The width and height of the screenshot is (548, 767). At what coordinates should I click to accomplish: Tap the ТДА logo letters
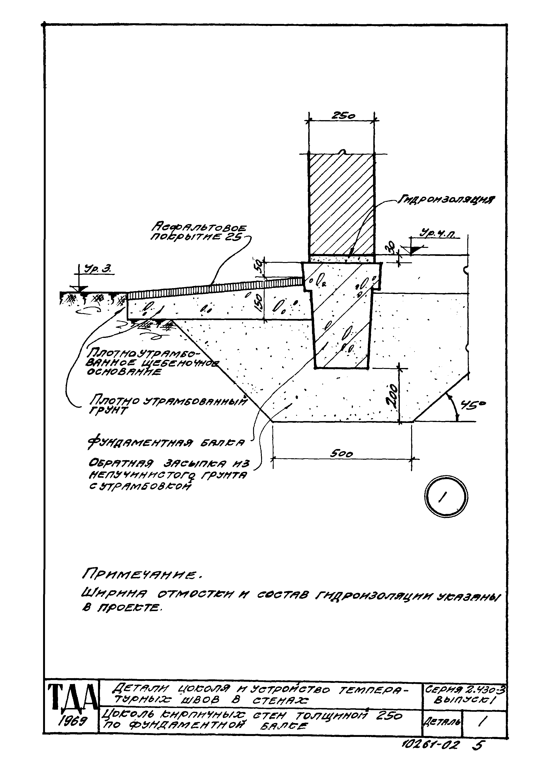point(71,697)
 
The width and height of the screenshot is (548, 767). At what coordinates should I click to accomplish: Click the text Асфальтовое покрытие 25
point(199,232)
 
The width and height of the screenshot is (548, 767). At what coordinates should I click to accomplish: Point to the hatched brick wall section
point(342,204)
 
